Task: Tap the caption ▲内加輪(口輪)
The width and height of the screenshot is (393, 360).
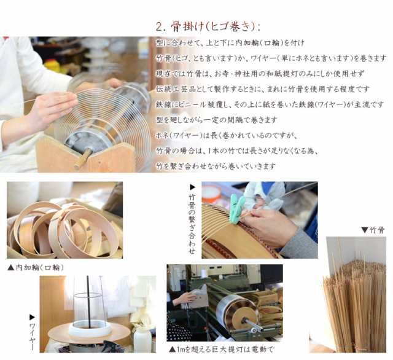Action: tap(36, 267)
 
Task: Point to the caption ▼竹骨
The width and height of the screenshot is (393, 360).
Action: tap(373, 230)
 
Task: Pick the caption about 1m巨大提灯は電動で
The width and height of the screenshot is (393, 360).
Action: tap(222, 349)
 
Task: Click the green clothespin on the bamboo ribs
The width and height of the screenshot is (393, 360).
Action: tap(237, 207)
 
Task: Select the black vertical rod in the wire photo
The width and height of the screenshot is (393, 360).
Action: tap(88, 300)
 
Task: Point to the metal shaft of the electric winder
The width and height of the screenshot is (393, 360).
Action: tap(252, 324)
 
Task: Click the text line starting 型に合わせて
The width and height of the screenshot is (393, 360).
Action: tap(230, 42)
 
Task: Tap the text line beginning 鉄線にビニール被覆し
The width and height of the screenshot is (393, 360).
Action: tap(270, 104)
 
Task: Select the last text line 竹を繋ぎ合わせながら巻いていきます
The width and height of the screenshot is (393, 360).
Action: tap(216, 166)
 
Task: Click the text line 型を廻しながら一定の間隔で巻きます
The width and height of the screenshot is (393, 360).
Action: tap(217, 120)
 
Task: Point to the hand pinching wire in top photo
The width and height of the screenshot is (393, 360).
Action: tap(53, 108)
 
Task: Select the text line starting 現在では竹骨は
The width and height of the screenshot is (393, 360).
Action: tap(260, 74)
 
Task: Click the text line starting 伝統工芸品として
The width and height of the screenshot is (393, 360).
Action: tap(263, 89)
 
